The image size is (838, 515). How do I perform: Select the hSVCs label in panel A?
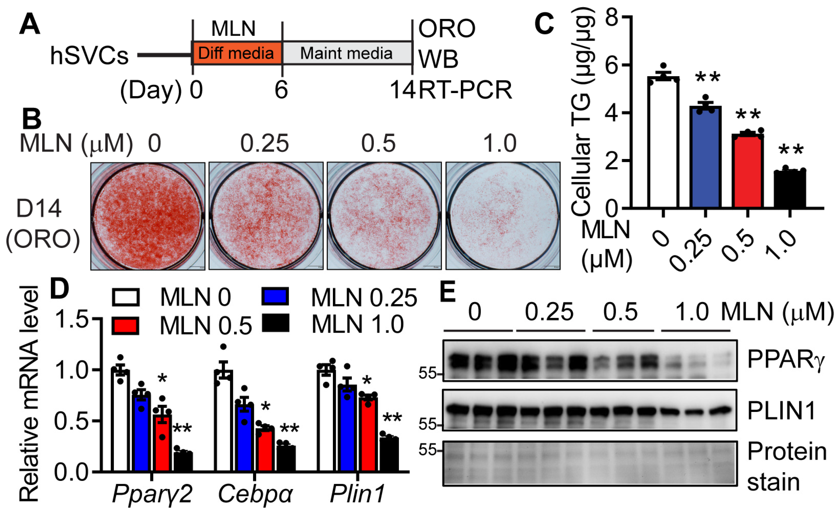(89, 56)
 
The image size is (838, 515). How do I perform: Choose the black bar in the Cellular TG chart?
(790, 189)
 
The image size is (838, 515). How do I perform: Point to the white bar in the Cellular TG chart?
(663, 143)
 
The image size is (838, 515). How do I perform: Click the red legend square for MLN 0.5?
(126, 326)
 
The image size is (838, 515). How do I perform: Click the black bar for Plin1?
(389, 455)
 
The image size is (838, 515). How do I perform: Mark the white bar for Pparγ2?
(120, 421)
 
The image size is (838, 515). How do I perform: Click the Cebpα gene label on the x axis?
(255, 494)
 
